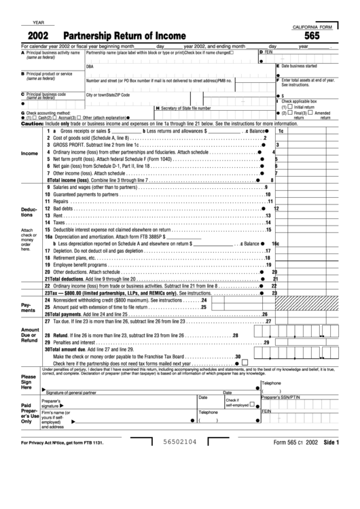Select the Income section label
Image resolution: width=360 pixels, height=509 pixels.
30,154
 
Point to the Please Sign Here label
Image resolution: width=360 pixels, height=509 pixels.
29,382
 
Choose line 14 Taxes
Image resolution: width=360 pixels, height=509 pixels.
58,222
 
